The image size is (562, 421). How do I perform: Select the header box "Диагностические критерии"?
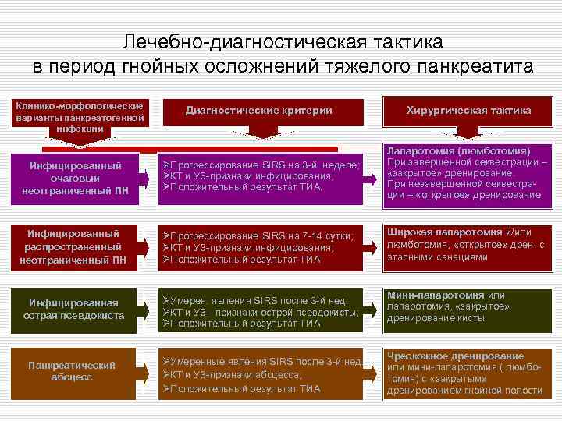point(258,111)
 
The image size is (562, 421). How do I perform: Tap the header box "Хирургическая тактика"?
point(468,111)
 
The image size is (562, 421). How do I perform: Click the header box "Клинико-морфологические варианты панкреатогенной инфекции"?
point(80,116)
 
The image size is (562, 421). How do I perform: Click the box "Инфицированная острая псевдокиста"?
point(75,309)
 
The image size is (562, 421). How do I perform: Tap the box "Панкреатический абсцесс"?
point(71,370)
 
